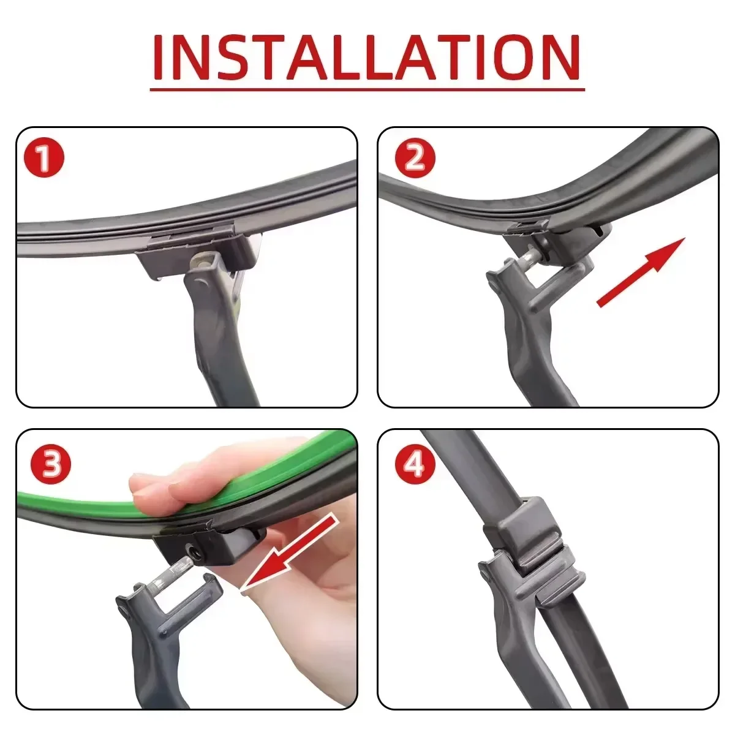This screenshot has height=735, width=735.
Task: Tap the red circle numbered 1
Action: [43, 158]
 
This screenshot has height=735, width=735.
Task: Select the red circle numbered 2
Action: [415, 158]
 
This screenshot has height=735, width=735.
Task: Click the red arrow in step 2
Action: [641, 272]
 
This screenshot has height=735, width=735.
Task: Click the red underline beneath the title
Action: [367, 90]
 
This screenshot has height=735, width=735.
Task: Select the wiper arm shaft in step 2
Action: [539, 355]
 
